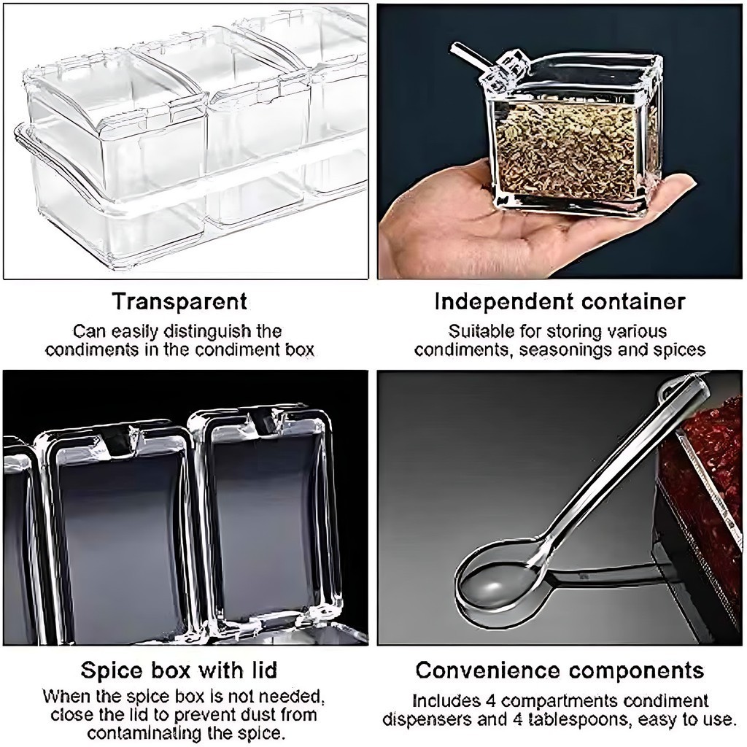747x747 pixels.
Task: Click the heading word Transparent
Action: point(180,301)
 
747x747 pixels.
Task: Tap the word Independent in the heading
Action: point(504,301)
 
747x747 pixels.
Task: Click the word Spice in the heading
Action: point(111,671)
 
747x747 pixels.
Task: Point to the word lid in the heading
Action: point(262,670)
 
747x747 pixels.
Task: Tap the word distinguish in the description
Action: point(216,332)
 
